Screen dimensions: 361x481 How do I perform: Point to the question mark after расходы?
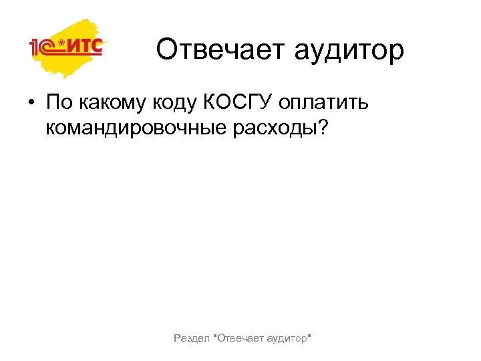coord(324,126)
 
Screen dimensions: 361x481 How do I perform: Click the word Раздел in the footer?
coord(190,340)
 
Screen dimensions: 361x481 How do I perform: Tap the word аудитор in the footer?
coord(285,340)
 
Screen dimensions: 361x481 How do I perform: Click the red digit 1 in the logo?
coord(33,48)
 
